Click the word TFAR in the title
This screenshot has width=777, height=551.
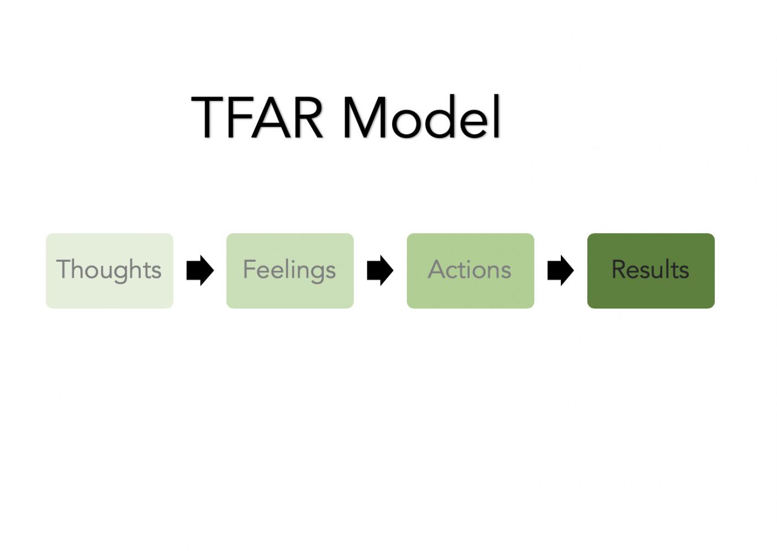tap(256, 117)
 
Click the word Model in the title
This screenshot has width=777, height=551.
tap(421, 116)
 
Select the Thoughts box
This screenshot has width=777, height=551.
tap(110, 271)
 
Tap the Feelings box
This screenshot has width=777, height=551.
tap(290, 271)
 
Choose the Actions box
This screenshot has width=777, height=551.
tap(470, 271)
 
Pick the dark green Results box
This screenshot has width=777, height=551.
tap(651, 271)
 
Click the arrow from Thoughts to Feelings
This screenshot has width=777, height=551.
tap(200, 271)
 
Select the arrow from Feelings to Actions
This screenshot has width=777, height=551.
tap(380, 271)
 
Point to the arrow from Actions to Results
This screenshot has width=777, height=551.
tap(560, 271)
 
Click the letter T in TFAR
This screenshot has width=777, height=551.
tap(207, 117)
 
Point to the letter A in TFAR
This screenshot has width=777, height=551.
tap(271, 117)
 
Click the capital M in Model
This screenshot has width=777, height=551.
tap(365, 117)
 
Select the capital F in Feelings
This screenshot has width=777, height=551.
tap(250, 268)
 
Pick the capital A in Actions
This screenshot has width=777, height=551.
tap(437, 268)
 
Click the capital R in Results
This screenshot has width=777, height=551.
tap(619, 268)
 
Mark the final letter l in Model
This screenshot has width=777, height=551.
tap(496, 116)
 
